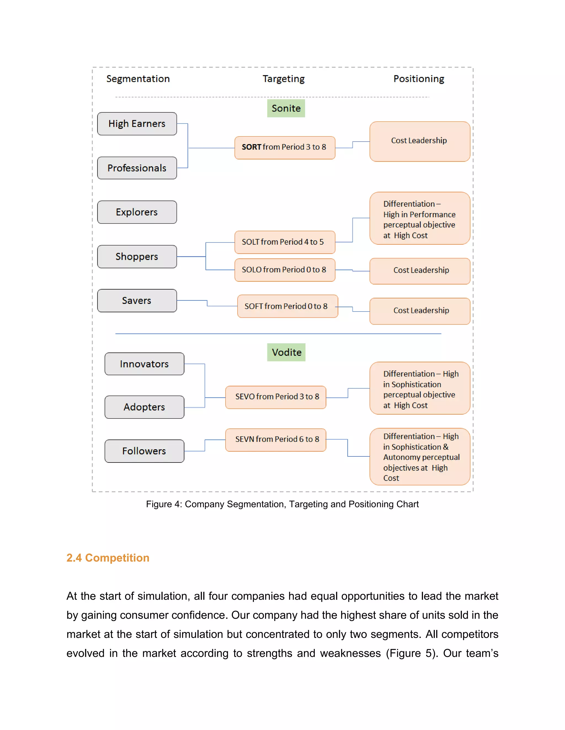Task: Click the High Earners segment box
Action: pyautogui.click(x=137, y=124)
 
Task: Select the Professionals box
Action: pyautogui.click(x=137, y=168)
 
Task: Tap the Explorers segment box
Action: pyautogui.click(x=137, y=212)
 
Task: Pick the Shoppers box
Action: pyautogui.click(x=137, y=256)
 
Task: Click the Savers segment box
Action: pyautogui.click(x=137, y=301)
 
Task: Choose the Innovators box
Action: pyautogui.click(x=144, y=364)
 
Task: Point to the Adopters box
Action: pyautogui.click(x=144, y=407)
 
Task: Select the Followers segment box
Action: pyautogui.click(x=144, y=451)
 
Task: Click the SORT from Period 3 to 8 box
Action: pyautogui.click(x=284, y=147)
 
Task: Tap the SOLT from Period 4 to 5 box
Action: pyautogui.click(x=284, y=242)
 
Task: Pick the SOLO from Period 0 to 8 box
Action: pyautogui.click(x=284, y=270)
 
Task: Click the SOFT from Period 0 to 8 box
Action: pyautogui.click(x=287, y=306)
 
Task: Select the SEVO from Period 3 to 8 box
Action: pyautogui.click(x=276, y=397)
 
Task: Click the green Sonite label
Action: pyautogui.click(x=286, y=108)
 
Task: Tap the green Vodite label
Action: pyautogui.click(x=286, y=352)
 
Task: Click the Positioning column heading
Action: pyautogui.click(x=419, y=79)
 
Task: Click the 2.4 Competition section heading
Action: pyautogui.click(x=108, y=558)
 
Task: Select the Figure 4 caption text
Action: pyautogui.click(x=282, y=504)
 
